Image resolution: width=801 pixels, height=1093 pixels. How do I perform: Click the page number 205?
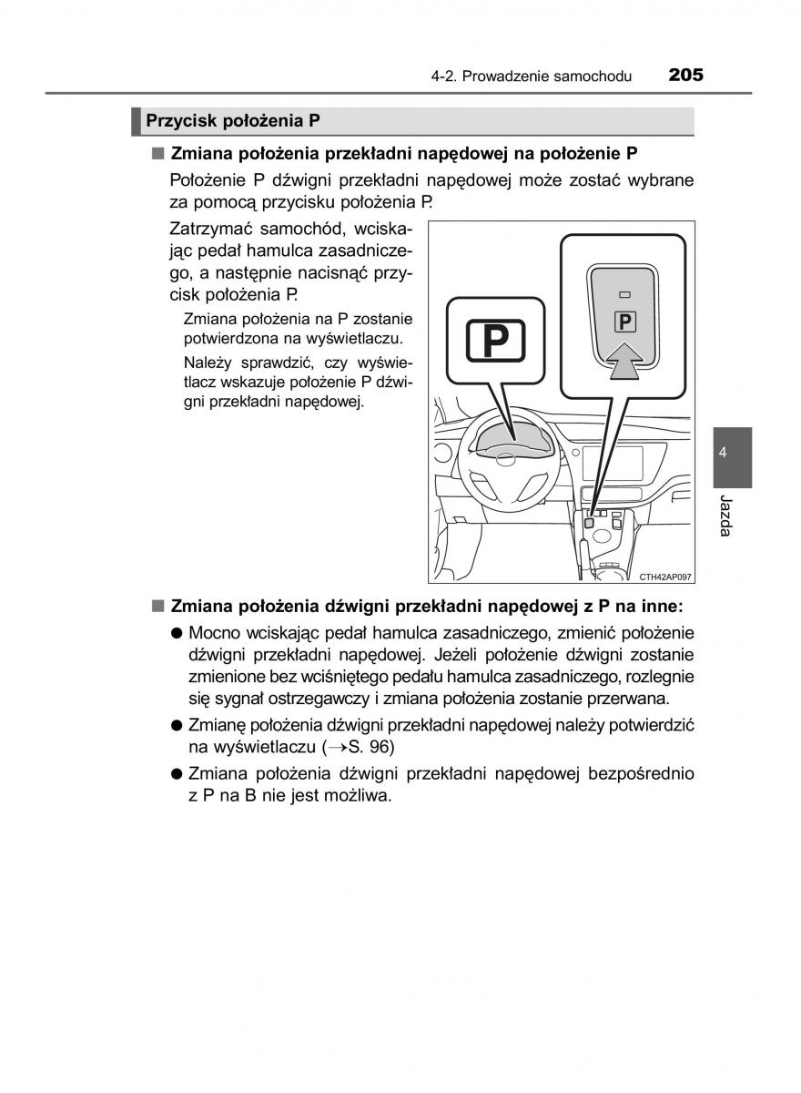pos(684,75)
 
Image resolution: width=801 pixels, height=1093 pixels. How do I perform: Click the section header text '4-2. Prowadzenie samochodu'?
pos(532,77)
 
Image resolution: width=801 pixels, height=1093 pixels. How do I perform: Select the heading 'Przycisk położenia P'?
pos(233,121)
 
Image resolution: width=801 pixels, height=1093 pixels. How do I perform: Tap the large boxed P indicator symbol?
pos(495,341)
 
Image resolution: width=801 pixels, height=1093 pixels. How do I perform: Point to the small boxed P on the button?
pos(624,321)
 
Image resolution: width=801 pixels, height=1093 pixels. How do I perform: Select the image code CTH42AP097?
pos(665,577)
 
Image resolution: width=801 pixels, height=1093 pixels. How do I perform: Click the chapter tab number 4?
pos(722,453)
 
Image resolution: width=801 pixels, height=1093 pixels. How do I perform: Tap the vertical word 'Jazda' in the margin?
pos(725,516)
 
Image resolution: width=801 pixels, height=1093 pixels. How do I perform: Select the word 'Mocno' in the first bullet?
pos(215,632)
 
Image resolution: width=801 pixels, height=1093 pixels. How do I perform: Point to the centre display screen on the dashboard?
pos(613,465)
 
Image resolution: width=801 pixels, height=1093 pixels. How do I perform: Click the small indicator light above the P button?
pos(624,295)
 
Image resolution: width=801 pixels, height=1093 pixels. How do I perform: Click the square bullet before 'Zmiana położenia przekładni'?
pos(157,152)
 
